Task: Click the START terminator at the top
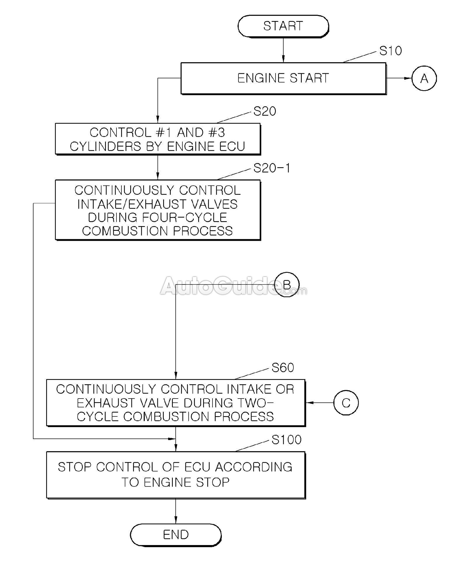click(283, 26)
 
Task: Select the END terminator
click(175, 535)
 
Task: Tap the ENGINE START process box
click(283, 78)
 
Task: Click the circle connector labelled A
click(424, 78)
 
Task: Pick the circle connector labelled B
click(287, 284)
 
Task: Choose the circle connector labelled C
click(346, 403)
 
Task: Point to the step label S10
click(390, 51)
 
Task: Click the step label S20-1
click(272, 168)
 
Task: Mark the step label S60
click(283, 368)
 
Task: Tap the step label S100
click(286, 440)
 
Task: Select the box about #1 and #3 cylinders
click(158, 139)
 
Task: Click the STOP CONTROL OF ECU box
click(175, 475)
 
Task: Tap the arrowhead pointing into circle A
click(408, 78)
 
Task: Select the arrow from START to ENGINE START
click(283, 50)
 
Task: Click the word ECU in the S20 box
click(233, 146)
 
